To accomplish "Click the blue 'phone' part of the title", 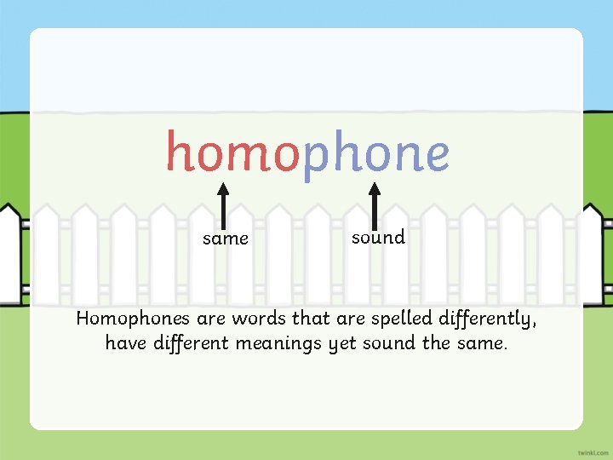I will click(375, 154).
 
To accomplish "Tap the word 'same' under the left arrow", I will click(226, 239).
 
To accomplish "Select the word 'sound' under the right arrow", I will click(378, 238).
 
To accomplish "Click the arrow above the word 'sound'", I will click(373, 203).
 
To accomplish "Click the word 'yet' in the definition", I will click(343, 344).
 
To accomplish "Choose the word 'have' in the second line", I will click(124, 343).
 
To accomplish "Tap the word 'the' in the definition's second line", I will click(437, 343).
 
